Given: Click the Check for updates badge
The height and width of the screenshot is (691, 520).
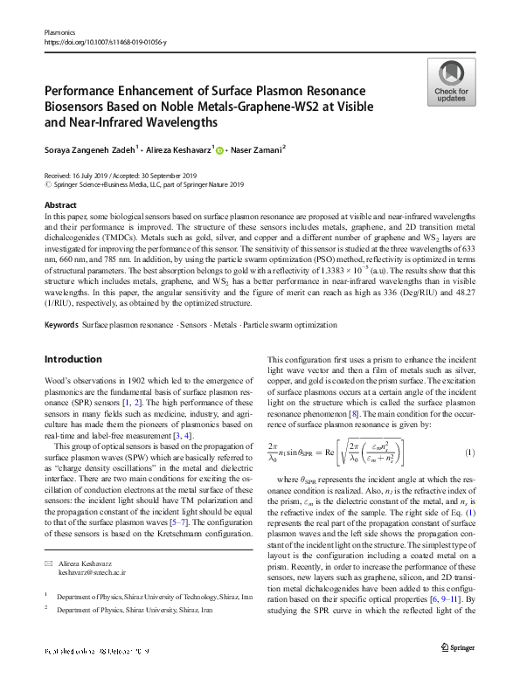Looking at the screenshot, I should (449, 83).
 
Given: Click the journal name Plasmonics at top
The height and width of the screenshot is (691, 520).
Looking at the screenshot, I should (61, 32).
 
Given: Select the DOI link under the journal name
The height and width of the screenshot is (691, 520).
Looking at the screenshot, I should (104, 42).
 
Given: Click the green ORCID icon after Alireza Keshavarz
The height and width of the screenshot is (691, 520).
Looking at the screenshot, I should (219, 151).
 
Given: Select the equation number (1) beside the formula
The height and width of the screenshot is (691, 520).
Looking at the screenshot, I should (469, 453).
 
